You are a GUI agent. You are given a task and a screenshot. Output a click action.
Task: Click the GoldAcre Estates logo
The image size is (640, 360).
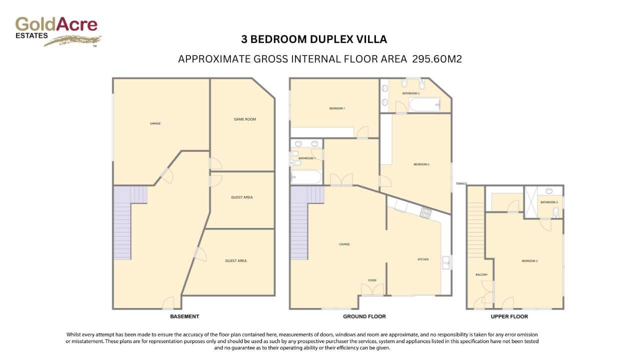[57, 30]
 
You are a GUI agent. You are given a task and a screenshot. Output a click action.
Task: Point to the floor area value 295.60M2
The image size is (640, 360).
[436, 59]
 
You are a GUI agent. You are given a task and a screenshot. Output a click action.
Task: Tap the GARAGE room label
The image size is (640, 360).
[155, 123]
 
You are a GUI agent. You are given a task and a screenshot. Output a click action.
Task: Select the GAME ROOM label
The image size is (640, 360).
[244, 119]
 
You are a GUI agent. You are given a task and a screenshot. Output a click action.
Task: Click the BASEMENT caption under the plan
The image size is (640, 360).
[184, 316]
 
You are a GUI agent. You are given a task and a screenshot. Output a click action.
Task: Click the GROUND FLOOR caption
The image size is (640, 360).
[364, 316]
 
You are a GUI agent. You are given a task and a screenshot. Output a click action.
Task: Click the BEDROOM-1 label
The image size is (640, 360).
[337, 108]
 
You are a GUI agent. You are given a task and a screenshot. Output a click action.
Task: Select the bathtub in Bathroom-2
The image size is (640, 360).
[424, 104]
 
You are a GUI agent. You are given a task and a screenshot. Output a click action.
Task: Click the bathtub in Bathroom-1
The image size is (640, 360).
[306, 177]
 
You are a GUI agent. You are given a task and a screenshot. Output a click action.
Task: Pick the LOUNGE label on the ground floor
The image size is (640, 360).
[344, 244]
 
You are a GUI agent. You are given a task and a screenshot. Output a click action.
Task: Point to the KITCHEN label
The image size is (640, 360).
[423, 259]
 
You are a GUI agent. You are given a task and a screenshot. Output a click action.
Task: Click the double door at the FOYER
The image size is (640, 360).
[372, 289]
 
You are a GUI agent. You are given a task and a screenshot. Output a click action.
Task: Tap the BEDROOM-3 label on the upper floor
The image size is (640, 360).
[529, 261]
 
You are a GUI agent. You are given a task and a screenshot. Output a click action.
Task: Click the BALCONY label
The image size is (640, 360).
[481, 275]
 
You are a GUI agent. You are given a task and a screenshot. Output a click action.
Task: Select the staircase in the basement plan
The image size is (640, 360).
[123, 222]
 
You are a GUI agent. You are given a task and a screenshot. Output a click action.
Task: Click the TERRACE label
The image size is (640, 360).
[461, 184]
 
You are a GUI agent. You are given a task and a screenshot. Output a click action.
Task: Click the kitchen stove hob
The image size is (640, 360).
[425, 213]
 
